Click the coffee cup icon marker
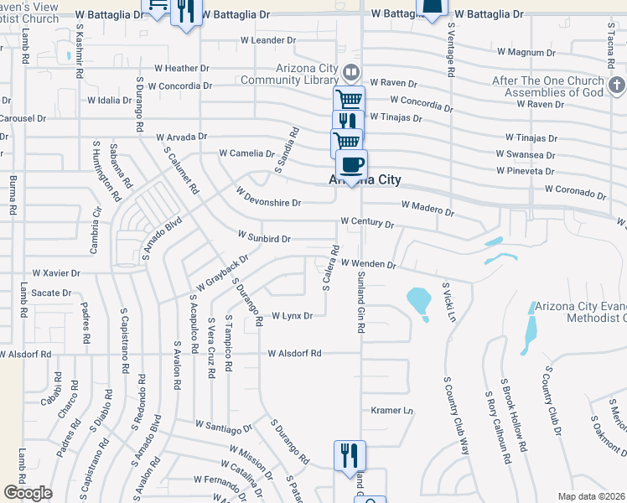click(352, 163)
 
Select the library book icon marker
click(353, 73)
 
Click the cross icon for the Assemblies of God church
click(616, 86)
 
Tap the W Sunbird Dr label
click(264, 238)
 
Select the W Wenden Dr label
click(368, 264)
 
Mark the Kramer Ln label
click(392, 411)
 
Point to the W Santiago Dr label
click(224, 427)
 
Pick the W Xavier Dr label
click(56, 273)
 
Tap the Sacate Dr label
click(52, 293)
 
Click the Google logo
click(28, 493)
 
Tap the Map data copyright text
click(592, 496)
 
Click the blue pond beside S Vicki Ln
click(417, 299)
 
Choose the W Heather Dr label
click(182, 68)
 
